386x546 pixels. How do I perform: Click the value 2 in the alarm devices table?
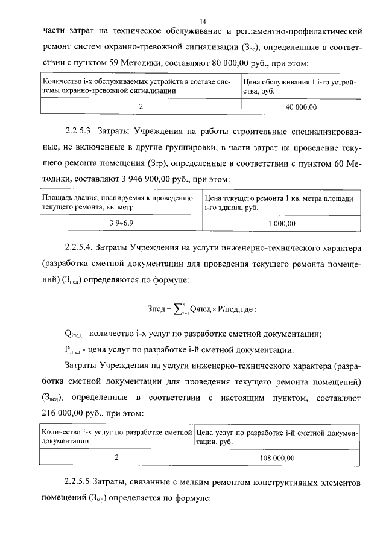tap(140, 106)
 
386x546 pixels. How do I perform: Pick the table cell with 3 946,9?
tap(121, 223)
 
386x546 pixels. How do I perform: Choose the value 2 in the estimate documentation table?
tap(117, 458)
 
